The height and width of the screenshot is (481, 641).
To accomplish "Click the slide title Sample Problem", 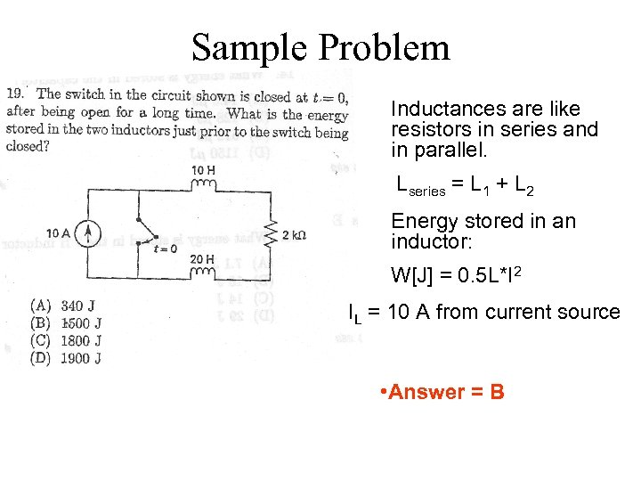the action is click(x=320, y=46).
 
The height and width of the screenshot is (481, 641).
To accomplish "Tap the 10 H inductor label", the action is click(x=203, y=170).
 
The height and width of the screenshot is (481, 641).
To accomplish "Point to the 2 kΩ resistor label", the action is click(x=294, y=235).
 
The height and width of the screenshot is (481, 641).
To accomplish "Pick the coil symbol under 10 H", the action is click(x=204, y=185).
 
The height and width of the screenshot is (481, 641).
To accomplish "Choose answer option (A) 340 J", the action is click(x=65, y=306).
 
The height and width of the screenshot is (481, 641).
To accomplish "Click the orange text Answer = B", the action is click(x=442, y=392).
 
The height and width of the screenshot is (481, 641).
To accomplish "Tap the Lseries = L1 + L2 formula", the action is click(x=465, y=185).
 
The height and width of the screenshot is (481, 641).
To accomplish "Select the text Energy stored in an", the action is click(x=483, y=221).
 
